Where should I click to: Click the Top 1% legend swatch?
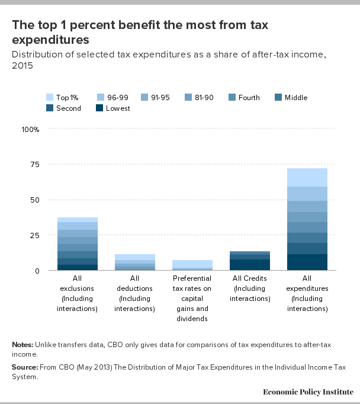coord(50,97)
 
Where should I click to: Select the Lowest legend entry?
coord(112,108)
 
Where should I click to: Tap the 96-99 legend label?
coord(118,98)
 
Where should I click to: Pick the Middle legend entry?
coord(291,98)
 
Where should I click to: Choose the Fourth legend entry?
coord(244,98)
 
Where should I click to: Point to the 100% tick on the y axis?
coord(30,129)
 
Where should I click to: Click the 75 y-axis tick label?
coord(35,164)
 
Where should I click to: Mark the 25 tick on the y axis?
coord(35,235)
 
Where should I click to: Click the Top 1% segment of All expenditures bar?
coord(307,177)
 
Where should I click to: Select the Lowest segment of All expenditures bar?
coord(307,262)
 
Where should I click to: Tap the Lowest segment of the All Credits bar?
coord(250,265)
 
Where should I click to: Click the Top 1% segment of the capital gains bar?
coord(192,264)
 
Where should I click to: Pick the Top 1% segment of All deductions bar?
coord(135,257)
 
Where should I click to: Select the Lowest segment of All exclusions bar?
coord(78,267)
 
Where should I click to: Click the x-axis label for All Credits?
coord(250,288)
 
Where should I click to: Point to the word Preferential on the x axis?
coord(192,278)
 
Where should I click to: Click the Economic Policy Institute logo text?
coord(308,392)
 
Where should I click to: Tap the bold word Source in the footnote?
coord(25,367)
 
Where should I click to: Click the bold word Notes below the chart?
coord(22,345)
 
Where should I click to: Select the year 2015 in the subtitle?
coord(22,65)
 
